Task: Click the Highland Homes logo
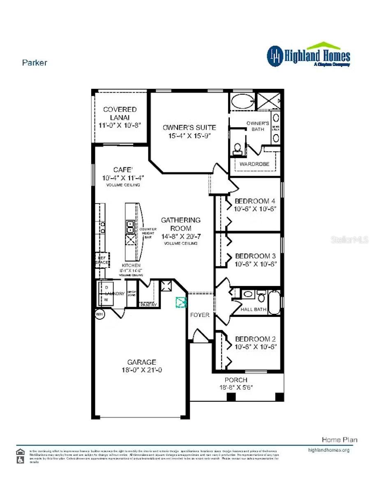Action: point(308,55)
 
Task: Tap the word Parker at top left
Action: point(35,63)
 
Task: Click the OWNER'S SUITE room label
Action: point(189,128)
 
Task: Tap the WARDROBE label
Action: point(254,164)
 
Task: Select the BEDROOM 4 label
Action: point(255,201)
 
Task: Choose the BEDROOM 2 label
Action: point(255,339)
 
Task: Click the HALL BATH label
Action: point(253,309)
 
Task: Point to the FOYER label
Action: point(199,315)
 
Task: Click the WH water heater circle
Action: point(99,314)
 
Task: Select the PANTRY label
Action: point(148,305)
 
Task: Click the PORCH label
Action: point(236,380)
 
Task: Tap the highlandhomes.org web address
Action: point(328,450)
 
